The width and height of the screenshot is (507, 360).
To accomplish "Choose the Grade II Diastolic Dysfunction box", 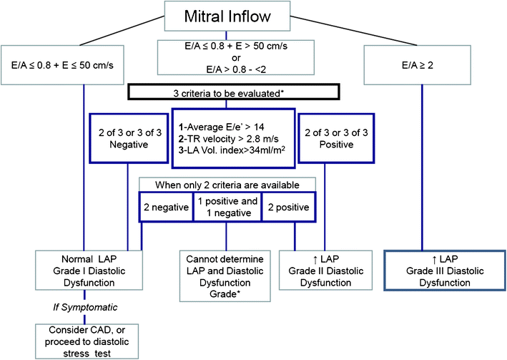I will tap(328, 270).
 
